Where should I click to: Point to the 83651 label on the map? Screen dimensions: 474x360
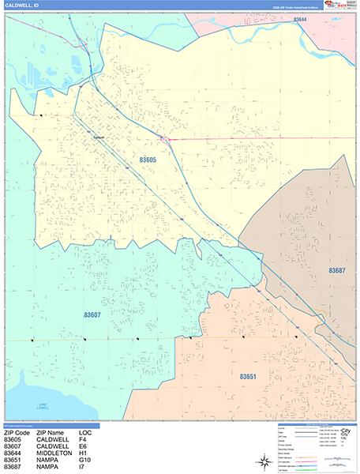249,377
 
